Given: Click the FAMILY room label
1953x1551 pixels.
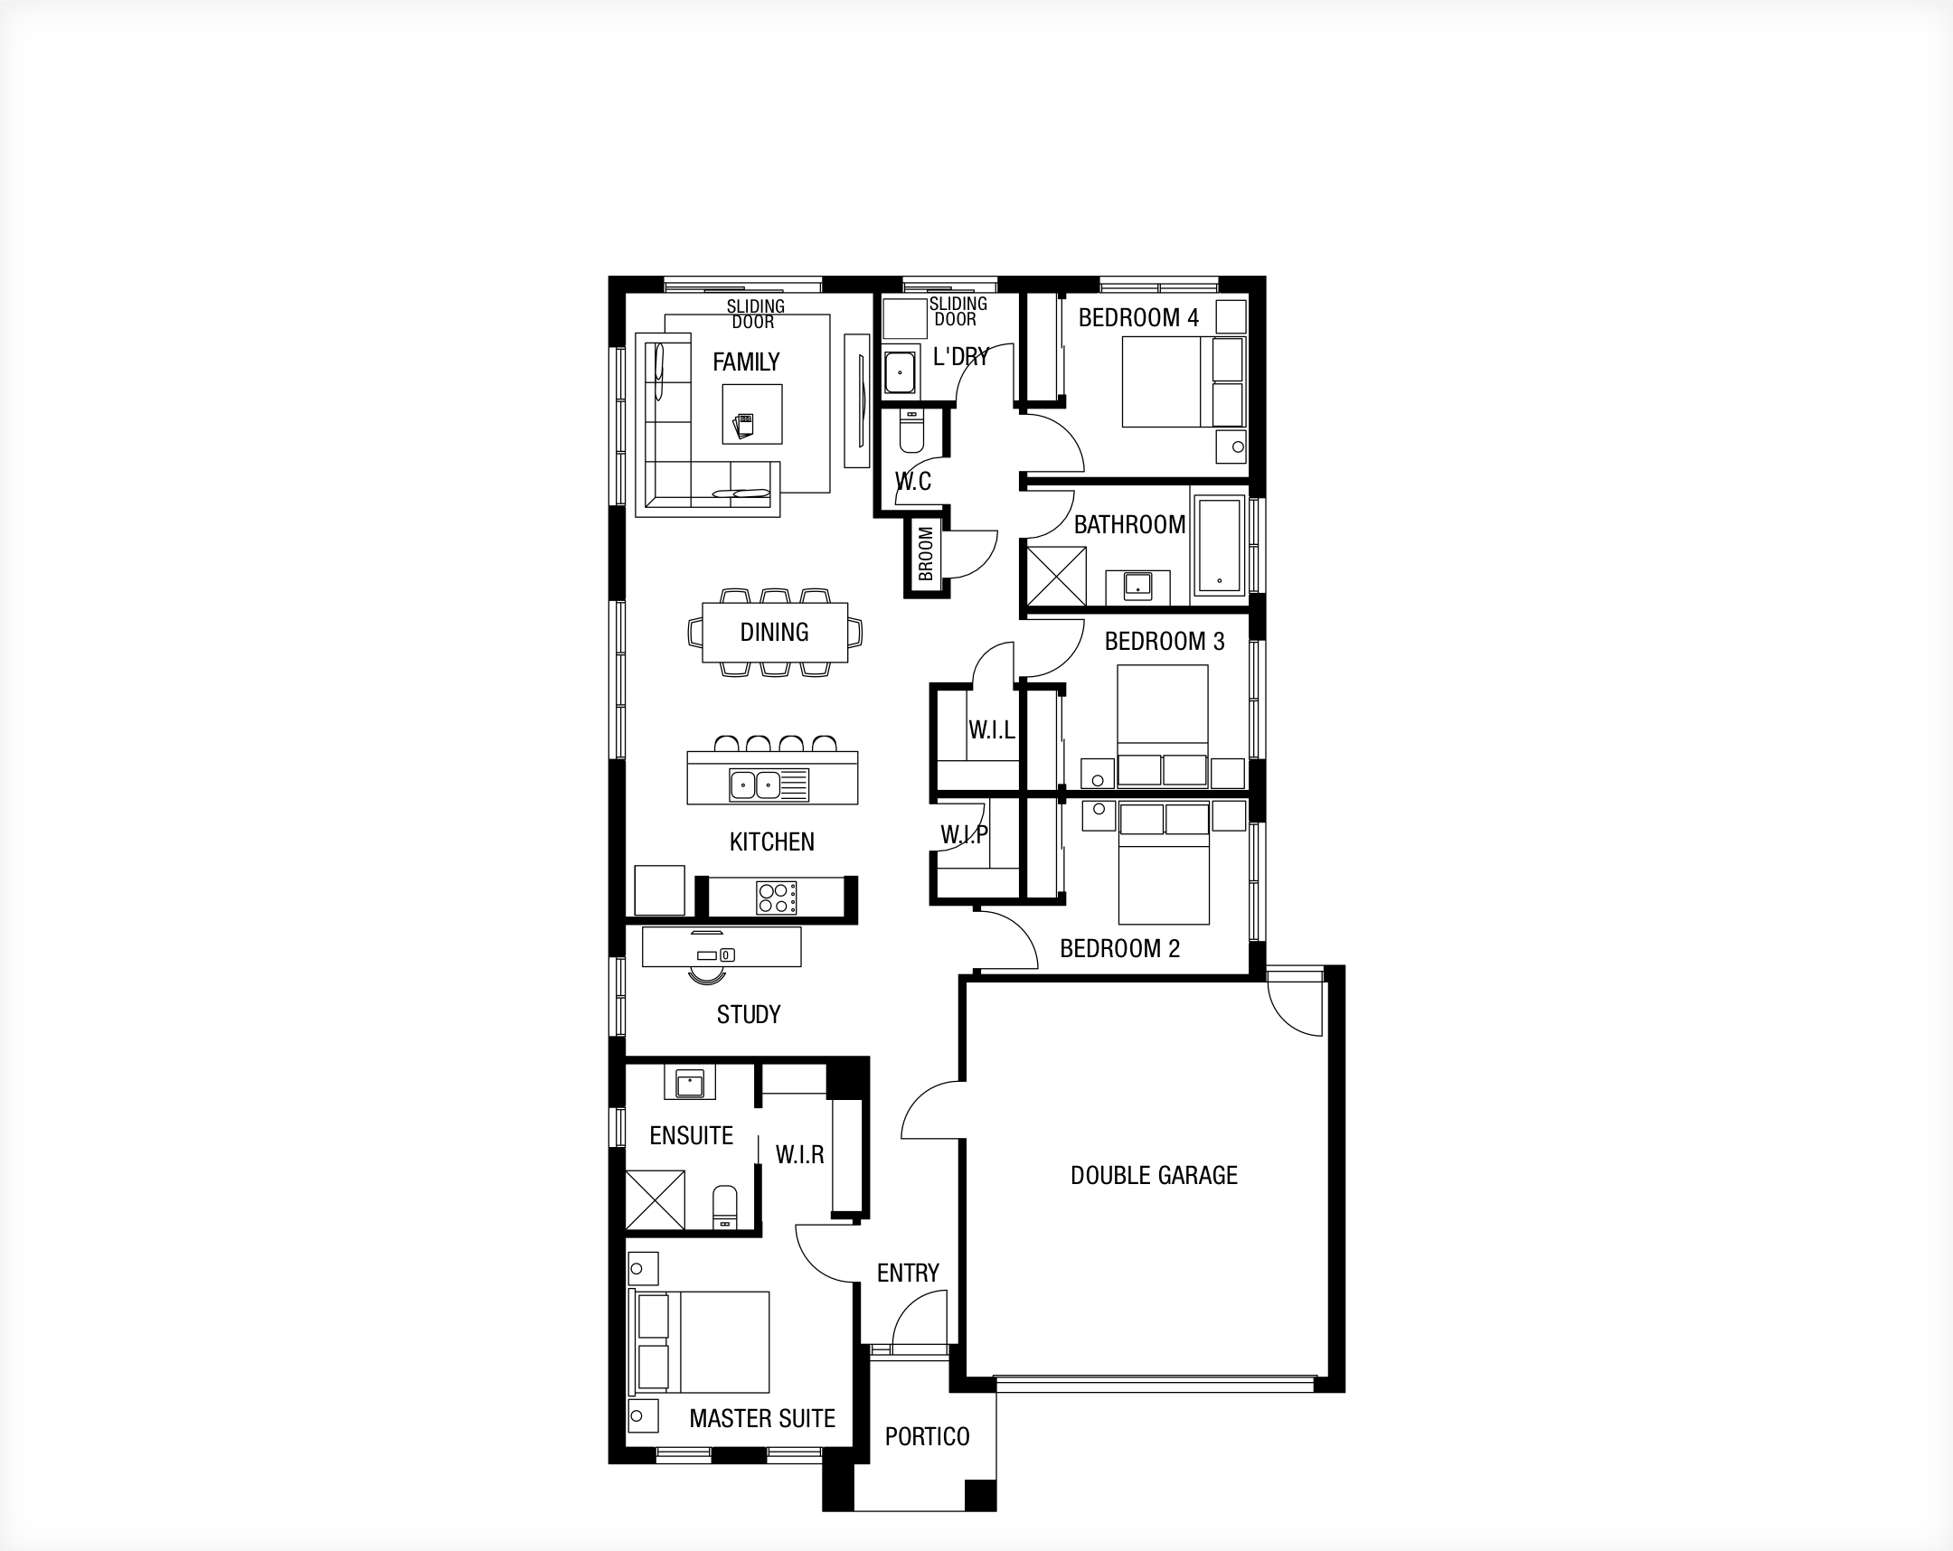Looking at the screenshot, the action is pos(746,362).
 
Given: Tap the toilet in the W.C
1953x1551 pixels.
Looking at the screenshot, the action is pos(910,431).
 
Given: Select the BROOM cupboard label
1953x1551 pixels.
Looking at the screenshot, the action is pos(925,554).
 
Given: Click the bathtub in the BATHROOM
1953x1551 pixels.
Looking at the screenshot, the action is pos(1219,544).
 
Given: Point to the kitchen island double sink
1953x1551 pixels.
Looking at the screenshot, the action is pos(756,784).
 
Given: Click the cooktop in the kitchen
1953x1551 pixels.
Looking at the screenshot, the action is pos(777,898).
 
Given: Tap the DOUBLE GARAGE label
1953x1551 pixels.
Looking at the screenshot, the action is pos(1154,1175).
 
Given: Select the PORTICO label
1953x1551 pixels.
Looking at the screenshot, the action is pos(927,1437).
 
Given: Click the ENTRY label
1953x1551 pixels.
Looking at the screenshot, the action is pos(908,1273).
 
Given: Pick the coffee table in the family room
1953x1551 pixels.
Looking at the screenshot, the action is pos(752,415).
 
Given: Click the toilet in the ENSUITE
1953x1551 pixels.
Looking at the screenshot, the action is pos(724,1208).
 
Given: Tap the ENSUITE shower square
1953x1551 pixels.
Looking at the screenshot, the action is pos(655,1199).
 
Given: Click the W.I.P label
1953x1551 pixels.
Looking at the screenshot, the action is pos(964,834).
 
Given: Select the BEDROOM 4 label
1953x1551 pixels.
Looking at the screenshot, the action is pos(1138,318).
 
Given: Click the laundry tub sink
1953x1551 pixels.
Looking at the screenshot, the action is pos(900,371).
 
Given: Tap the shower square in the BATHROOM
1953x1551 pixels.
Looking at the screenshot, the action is pos(1055,577).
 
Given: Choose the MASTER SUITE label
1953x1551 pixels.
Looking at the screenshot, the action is pos(762,1419).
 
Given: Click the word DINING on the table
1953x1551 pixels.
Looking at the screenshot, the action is pos(775,632).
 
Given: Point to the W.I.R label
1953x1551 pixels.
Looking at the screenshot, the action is pos(800,1154).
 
